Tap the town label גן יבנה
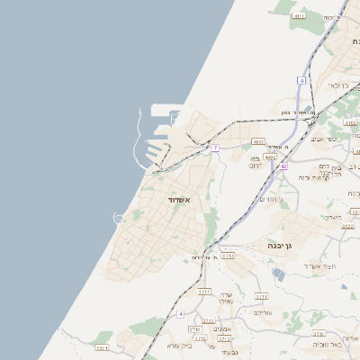(x=282, y=245)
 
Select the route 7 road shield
(x=216, y=148)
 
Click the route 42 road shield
(x=283, y=166)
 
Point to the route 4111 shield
(x=299, y=16)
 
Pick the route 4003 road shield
(x=258, y=142)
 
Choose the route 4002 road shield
(x=270, y=157)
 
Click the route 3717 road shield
(x=204, y=292)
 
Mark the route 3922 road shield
(x=348, y=227)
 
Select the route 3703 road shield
(x=225, y=339)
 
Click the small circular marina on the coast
(x=118, y=218)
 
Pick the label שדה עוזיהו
(x=226, y=299)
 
